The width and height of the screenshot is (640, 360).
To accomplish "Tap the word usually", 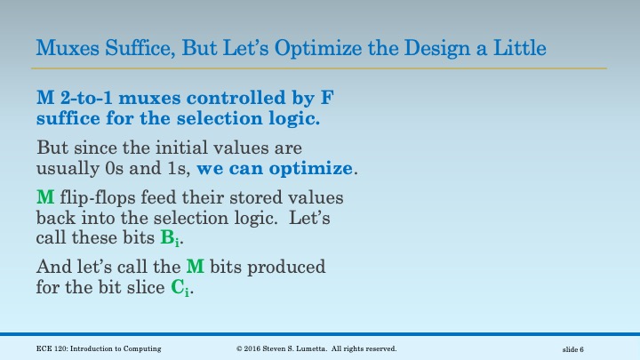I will click(68, 166).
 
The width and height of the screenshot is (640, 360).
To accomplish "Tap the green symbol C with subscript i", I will click(179, 288).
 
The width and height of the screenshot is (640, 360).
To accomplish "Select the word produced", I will click(289, 268).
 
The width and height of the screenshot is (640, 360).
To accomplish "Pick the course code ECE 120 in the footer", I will click(52, 348).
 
